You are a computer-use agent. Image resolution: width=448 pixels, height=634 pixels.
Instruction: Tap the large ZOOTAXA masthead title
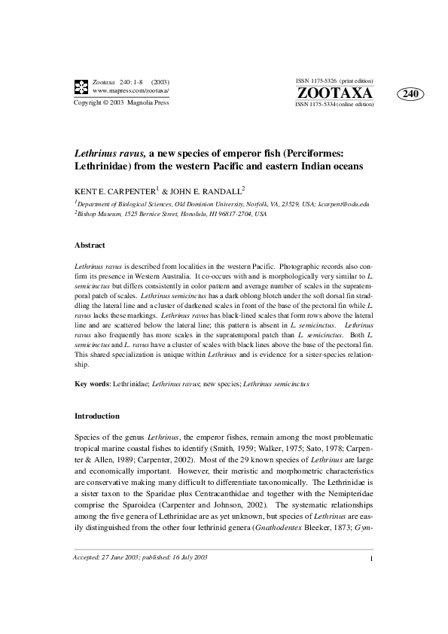(335, 93)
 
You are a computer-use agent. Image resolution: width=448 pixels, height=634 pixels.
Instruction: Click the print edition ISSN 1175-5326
(334, 80)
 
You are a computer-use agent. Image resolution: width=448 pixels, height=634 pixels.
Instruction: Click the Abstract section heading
(90, 245)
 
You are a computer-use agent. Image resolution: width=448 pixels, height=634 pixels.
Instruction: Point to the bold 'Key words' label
(92, 383)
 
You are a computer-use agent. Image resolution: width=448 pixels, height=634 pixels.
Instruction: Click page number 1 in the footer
(372, 599)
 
